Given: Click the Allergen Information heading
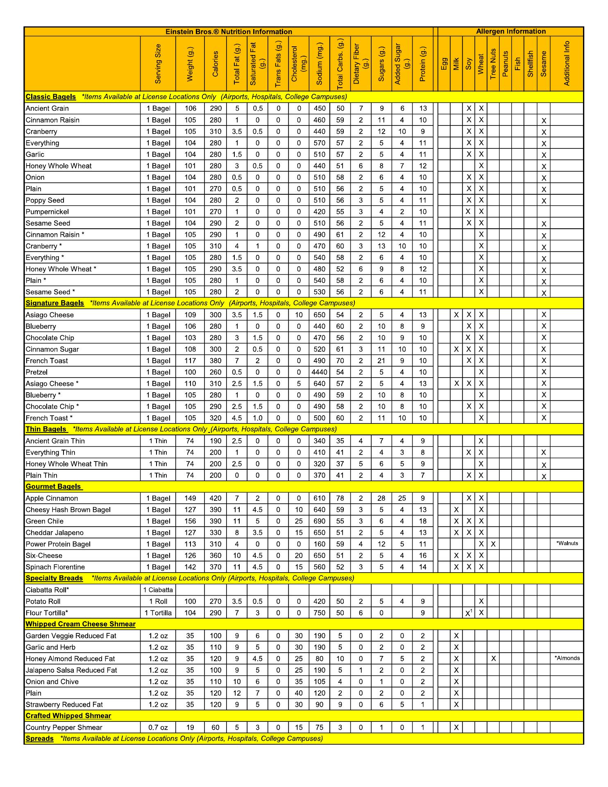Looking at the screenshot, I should click(510, 32).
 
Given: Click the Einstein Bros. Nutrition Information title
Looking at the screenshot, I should click(229, 32).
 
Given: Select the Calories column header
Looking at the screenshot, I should click(216, 64).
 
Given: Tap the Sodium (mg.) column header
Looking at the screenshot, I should click(320, 64).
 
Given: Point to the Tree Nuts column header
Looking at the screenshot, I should click(493, 64).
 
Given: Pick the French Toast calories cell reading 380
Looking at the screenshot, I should click(216, 361).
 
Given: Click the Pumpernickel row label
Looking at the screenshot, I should click(47, 212).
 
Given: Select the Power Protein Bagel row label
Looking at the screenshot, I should click(58, 544).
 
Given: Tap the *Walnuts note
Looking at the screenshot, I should click(567, 544).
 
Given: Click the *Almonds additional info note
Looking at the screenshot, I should click(567, 658).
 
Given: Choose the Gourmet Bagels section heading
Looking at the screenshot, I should click(53, 487).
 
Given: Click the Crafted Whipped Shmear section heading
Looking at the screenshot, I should click(68, 716).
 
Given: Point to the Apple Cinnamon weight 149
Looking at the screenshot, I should click(190, 498).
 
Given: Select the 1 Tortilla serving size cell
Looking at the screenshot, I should click(158, 613).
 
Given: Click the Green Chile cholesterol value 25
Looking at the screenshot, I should click(299, 521).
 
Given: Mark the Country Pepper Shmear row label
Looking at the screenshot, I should click(64, 728).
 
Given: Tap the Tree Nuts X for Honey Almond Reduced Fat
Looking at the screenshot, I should click(493, 659).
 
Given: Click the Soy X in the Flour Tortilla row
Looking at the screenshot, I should click(468, 613).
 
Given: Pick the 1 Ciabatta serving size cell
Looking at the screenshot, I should click(158, 590).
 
